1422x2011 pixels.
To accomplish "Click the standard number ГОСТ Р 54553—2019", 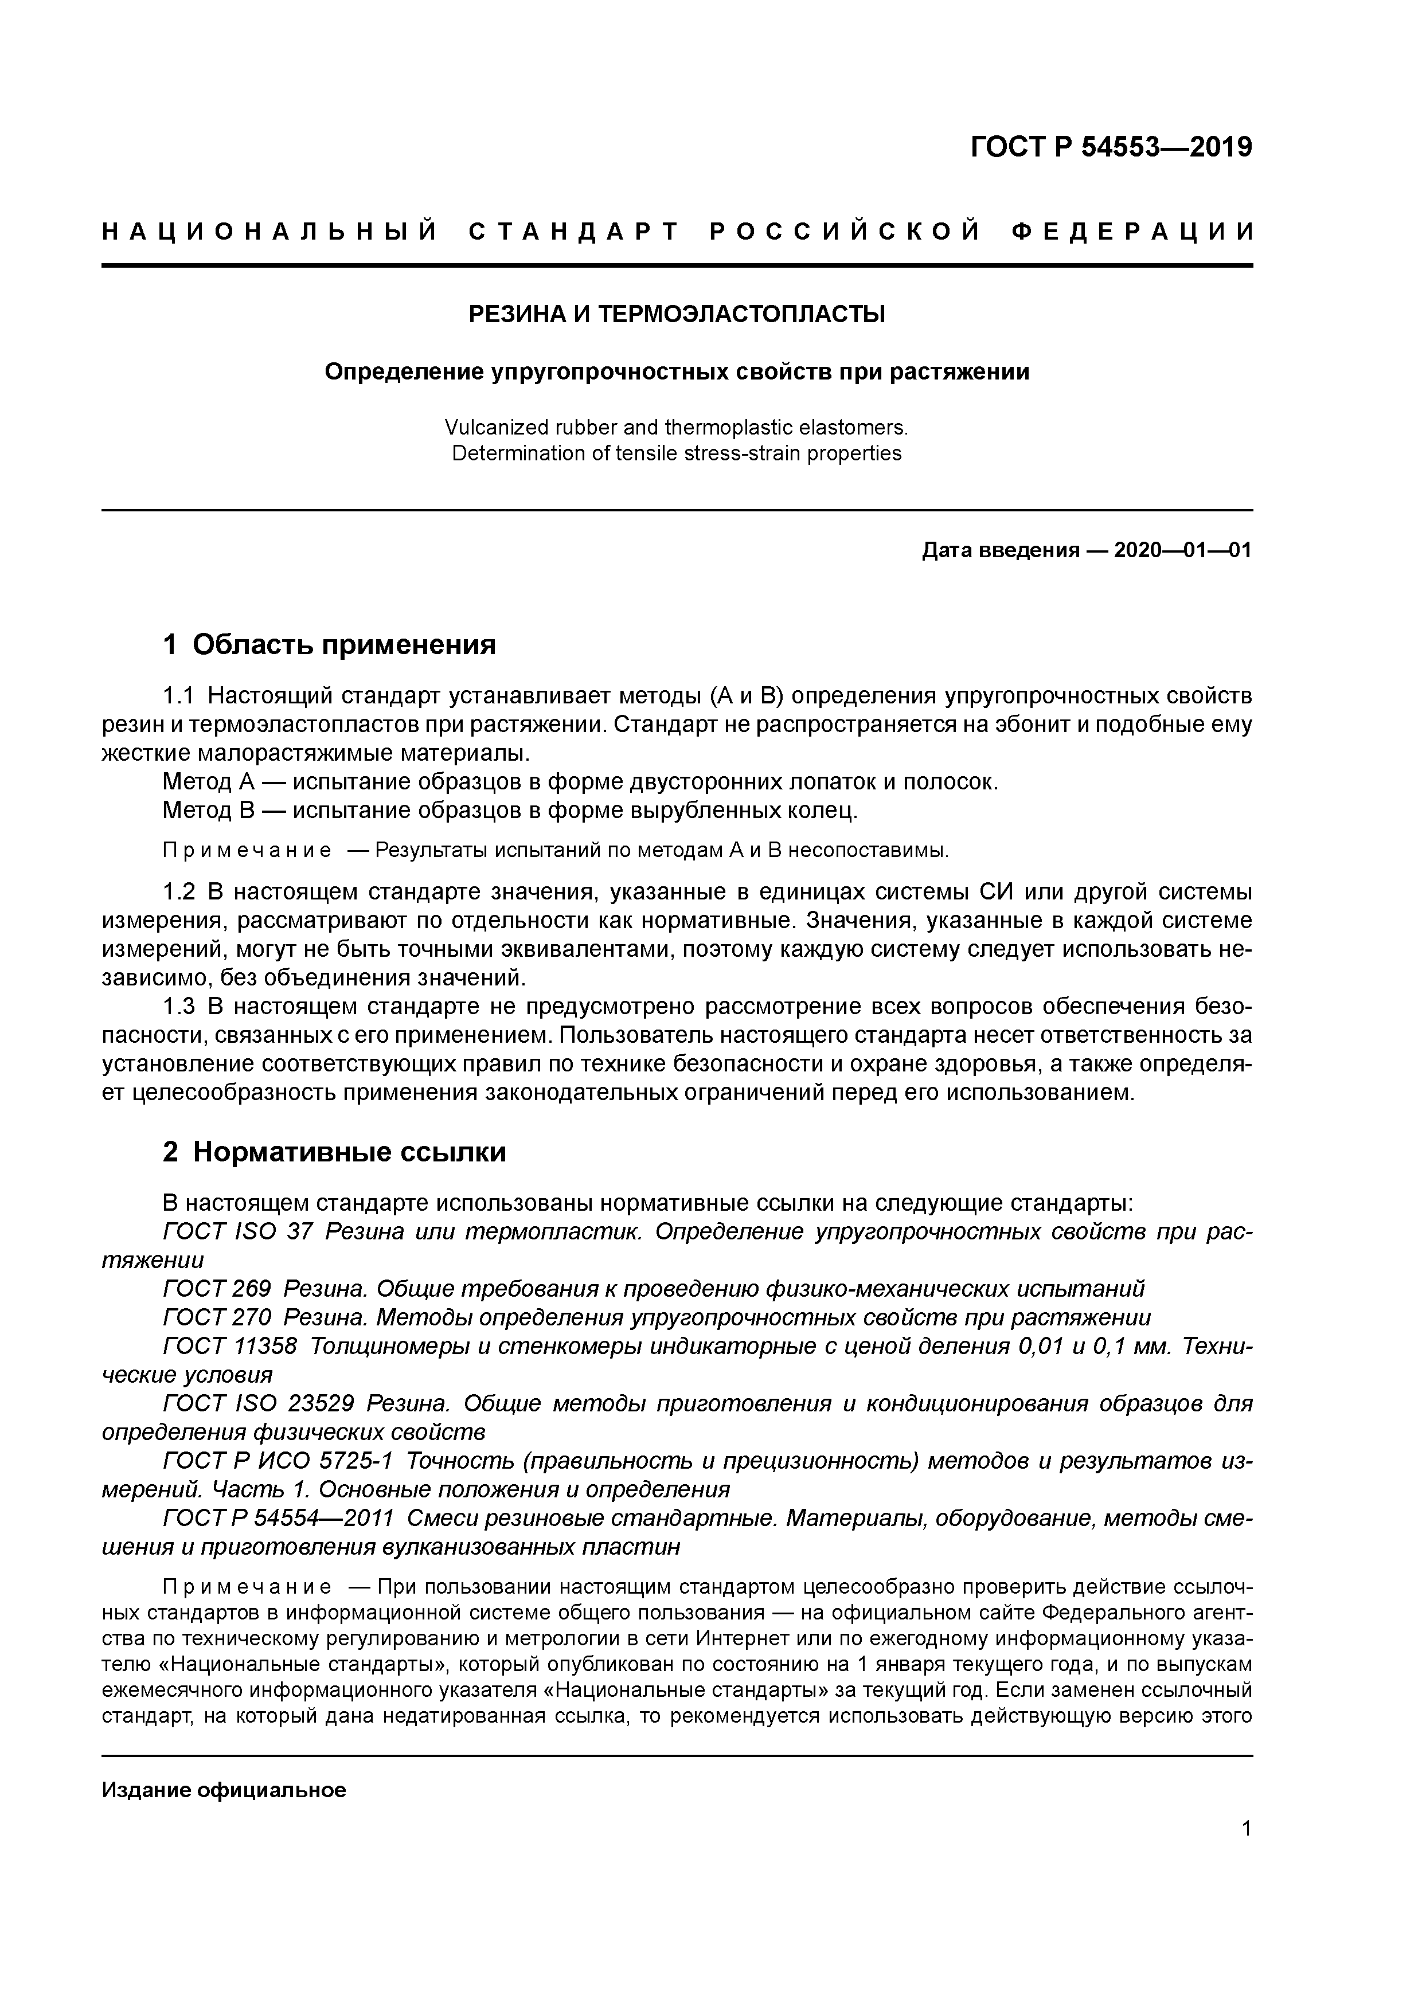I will (1111, 147).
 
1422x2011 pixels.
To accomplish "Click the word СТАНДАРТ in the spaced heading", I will (574, 232).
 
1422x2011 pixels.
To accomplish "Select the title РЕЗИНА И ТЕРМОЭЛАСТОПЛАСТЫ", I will (677, 314).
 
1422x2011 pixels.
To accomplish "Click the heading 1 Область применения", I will (330, 645).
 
